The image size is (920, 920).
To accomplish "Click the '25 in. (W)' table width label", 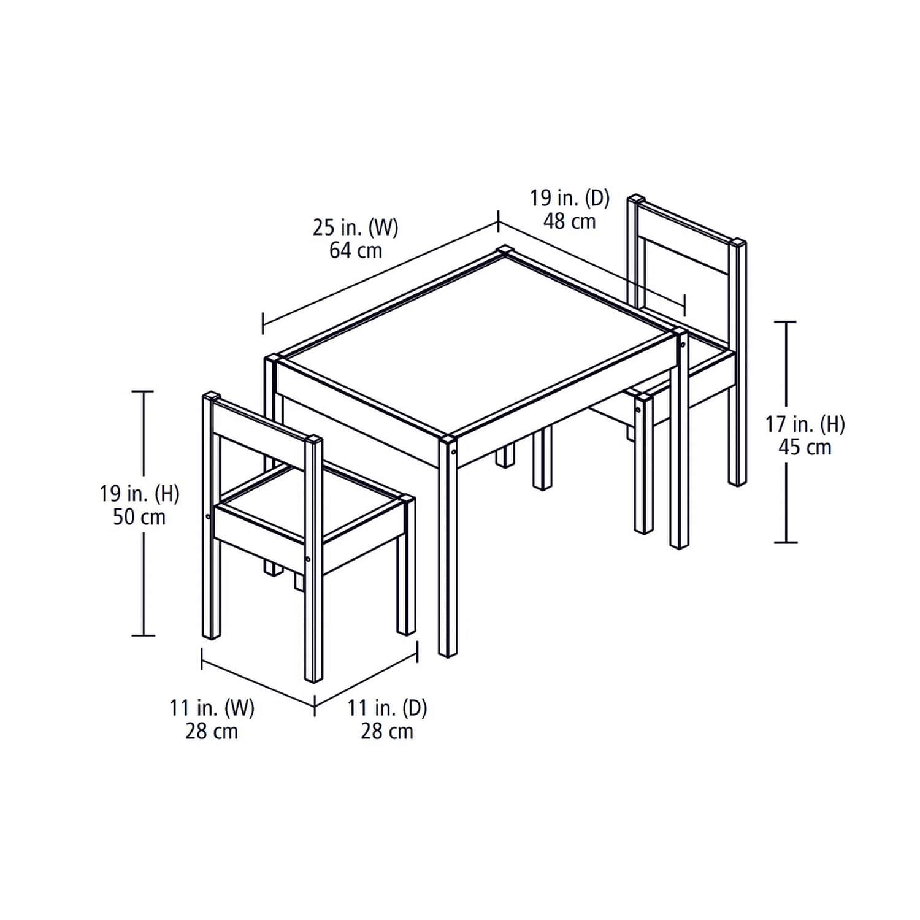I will point(355,228).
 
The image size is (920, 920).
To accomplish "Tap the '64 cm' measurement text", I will point(355,251).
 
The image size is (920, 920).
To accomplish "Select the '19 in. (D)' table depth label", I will point(570,198).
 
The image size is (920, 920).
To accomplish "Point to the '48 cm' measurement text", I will point(570,221).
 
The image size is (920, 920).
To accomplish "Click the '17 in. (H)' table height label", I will point(805,424).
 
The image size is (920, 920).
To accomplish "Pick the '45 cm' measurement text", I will point(805,447).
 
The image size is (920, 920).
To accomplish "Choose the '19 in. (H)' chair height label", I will point(140,493).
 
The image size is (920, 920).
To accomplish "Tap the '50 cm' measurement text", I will point(140,517).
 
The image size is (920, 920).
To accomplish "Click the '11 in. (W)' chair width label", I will point(212,708).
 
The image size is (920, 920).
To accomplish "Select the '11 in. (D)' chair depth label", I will point(387,708).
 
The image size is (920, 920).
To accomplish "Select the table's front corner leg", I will point(448,552).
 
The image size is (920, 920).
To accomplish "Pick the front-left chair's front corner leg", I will point(313,613).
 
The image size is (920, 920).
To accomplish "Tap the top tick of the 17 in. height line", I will point(786,321).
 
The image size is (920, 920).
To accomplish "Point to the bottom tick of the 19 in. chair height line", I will point(144,635).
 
